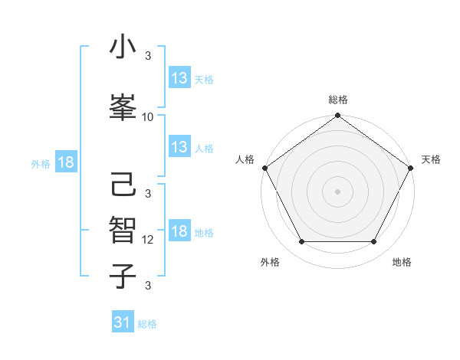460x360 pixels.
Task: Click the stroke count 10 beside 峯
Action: tap(148, 117)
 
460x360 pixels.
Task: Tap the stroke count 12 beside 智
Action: tap(148, 240)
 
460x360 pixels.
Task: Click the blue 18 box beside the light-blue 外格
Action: tap(65, 162)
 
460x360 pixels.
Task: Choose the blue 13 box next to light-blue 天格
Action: tap(179, 78)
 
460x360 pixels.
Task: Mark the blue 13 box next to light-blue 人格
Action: tap(179, 147)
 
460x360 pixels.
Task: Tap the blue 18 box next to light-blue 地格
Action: tap(179, 232)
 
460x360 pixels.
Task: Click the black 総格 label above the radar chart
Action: tap(338, 100)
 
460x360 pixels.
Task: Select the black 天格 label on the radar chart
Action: tap(432, 159)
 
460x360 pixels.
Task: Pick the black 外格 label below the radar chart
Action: tap(270, 262)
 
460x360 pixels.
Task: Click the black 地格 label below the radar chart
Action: tap(402, 262)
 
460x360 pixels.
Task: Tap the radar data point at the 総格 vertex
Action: tap(337, 116)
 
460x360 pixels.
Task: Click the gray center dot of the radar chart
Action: tap(337, 191)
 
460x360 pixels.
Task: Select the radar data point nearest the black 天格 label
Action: tap(411, 168)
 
